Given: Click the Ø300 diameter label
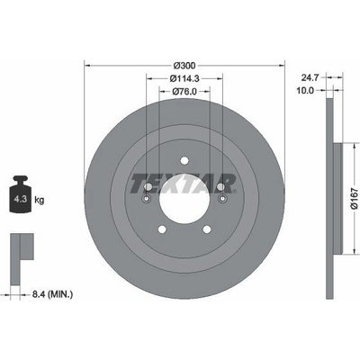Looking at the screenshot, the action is [184, 65].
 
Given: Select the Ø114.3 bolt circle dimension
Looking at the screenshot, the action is [184, 78].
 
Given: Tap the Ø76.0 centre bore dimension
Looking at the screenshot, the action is [184, 91].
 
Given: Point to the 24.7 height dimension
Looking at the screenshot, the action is [310, 78].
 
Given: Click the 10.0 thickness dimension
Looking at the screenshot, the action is [305, 90].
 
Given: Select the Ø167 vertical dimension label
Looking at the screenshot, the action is [355, 198].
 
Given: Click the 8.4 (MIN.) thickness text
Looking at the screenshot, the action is [52, 294].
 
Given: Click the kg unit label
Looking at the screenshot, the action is [40, 200].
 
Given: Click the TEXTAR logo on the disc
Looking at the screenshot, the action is [183, 183].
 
